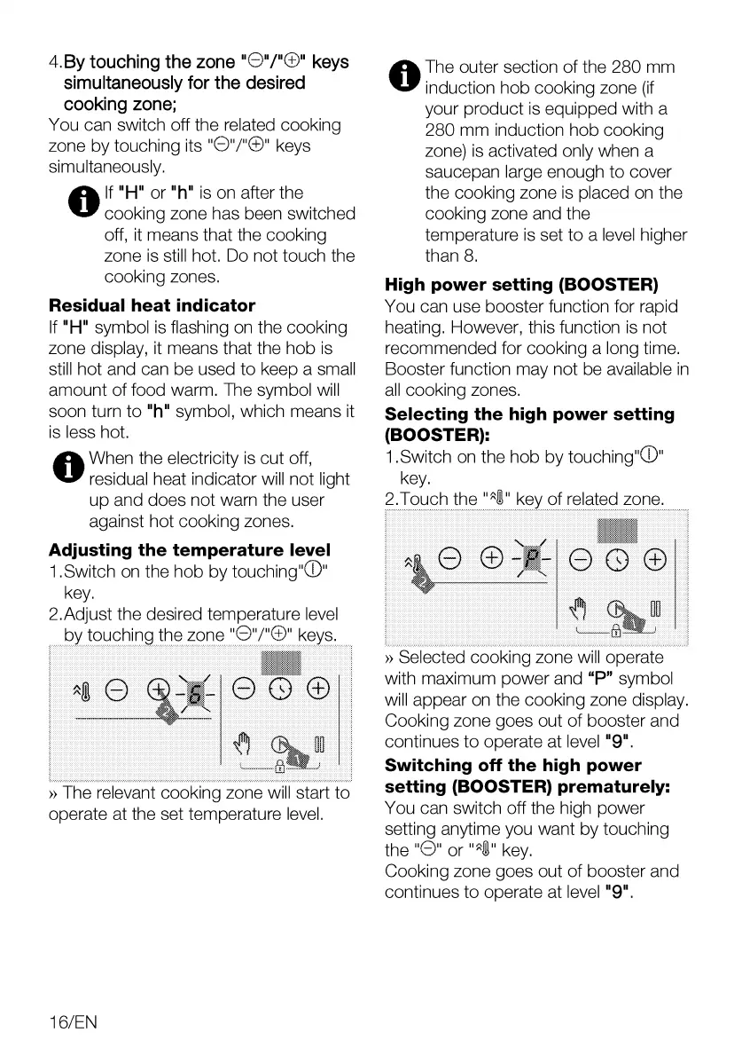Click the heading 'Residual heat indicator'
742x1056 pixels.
click(152, 305)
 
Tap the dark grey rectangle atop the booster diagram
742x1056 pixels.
click(618, 531)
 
